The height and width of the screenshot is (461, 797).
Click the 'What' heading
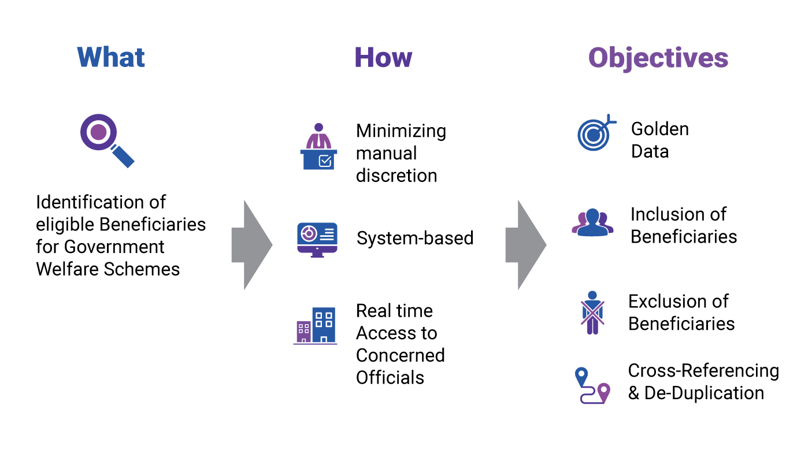(x=111, y=57)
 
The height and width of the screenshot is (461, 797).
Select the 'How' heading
(x=383, y=57)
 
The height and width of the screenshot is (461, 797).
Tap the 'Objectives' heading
(x=658, y=59)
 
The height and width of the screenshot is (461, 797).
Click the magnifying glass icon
(x=107, y=140)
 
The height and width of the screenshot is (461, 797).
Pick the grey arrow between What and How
(x=252, y=245)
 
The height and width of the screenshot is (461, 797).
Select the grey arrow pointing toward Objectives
(x=526, y=245)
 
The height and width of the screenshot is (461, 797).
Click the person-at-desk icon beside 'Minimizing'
(x=318, y=146)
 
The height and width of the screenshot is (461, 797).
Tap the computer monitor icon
(x=317, y=240)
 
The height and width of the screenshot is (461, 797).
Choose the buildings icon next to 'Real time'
(x=315, y=326)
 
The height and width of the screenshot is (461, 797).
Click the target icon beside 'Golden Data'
(x=596, y=132)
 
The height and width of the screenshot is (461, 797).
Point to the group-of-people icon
(x=592, y=222)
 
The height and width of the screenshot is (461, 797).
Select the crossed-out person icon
(x=592, y=313)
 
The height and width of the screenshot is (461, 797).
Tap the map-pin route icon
(x=592, y=385)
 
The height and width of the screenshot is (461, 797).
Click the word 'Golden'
(x=660, y=129)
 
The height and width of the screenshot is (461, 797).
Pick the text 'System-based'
(x=415, y=239)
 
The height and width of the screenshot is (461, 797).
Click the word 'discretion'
(x=396, y=176)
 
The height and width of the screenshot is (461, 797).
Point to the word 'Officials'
(x=390, y=377)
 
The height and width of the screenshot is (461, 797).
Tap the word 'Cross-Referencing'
(x=703, y=371)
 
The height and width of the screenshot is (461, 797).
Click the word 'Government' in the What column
(x=114, y=247)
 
